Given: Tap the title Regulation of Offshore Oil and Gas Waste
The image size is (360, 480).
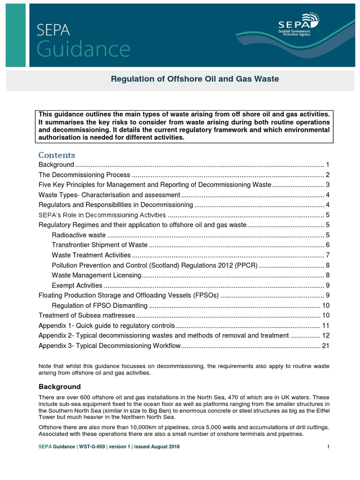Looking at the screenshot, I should pos(195,79).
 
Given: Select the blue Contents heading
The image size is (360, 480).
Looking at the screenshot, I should pos(57,155).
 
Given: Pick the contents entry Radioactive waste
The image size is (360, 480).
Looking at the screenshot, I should pos(79,235).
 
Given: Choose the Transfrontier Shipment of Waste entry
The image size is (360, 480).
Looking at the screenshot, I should pos(100,245).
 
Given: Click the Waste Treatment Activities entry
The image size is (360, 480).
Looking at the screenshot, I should pos(91,255).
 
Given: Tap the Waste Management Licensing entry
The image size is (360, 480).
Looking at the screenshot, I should pos(97,275).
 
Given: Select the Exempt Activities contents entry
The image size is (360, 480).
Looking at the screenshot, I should pos(77,285).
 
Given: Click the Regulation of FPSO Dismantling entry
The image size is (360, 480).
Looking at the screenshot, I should pos(100,306).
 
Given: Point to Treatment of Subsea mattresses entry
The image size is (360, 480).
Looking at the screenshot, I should pos(87,315).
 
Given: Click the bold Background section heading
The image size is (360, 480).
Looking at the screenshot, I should pos(60,387).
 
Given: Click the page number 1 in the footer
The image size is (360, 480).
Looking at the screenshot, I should pos(329,447).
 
